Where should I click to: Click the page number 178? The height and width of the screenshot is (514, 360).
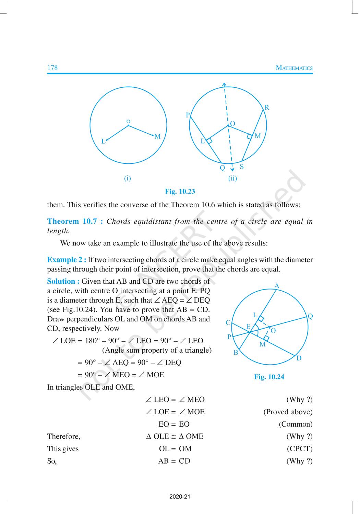(52, 68)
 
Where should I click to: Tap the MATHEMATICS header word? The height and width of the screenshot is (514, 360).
(294, 68)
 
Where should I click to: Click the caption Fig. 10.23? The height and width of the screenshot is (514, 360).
(180, 192)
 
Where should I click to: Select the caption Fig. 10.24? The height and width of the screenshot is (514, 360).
(269, 377)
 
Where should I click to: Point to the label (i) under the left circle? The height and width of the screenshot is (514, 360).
(128, 178)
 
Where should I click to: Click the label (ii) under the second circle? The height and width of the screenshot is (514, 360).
(232, 178)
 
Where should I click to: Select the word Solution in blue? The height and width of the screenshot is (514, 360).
(61, 281)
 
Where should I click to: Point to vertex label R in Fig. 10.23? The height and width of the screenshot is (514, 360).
(267, 108)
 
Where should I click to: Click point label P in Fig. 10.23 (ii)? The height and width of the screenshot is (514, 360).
(188, 115)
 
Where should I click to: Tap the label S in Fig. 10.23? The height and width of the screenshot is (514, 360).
(242, 167)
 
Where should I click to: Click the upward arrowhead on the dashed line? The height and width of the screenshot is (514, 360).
(224, 84)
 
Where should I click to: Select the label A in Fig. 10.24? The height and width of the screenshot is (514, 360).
(277, 286)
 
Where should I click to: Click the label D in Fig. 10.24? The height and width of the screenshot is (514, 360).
(299, 358)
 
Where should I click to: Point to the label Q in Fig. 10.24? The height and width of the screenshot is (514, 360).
(310, 316)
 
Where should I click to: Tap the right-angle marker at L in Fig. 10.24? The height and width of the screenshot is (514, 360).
(261, 319)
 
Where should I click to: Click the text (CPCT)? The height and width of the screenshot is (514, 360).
(300, 449)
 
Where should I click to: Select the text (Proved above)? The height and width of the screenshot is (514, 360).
(288, 412)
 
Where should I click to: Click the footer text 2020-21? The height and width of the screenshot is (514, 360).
(180, 497)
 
